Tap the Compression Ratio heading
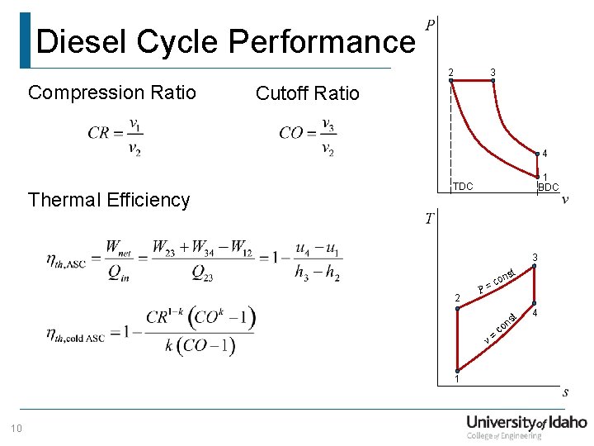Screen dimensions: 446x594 point(112,93)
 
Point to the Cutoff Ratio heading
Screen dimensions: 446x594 point(308,93)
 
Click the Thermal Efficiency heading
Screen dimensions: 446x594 point(109,200)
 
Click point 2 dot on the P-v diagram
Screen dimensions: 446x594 point(451,81)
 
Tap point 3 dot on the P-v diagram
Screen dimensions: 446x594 point(492,81)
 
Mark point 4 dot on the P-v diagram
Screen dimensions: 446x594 point(535,154)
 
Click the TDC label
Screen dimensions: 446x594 point(463,187)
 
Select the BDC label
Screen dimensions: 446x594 point(549,187)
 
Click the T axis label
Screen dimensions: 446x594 point(430,218)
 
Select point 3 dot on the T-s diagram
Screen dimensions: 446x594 point(535,267)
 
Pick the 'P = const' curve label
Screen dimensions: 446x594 point(497,281)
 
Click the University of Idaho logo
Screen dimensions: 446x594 point(526,426)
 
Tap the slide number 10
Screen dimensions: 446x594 point(16,427)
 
